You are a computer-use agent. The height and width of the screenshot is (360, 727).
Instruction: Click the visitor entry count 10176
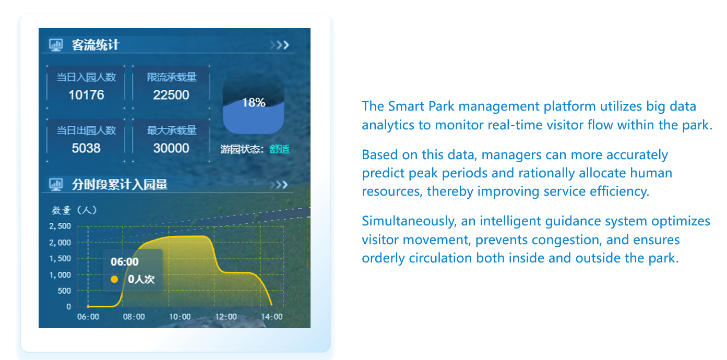pos(86,95)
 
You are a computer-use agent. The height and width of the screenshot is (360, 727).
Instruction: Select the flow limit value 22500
pos(171,95)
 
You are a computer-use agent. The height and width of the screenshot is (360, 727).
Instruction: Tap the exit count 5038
pos(86,148)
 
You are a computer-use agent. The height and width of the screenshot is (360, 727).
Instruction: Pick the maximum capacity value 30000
pos(171,148)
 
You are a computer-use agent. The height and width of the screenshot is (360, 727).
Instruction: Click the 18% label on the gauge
pos(254,103)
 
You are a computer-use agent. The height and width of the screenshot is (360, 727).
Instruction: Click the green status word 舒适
pos(279,149)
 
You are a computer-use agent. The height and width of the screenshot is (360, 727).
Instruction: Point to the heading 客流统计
pos(96,45)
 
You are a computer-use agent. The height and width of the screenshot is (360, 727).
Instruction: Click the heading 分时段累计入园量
pos(120,185)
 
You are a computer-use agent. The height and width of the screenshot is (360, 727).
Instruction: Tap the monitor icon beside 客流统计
pos(56,45)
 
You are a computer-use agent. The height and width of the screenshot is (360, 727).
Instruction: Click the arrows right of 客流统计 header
pos(280,45)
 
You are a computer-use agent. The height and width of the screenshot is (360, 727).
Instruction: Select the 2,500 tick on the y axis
pos(60,226)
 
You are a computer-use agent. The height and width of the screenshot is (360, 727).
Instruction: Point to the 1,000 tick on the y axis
pos(60,275)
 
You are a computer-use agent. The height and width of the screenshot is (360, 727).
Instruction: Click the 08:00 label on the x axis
pos(134,317)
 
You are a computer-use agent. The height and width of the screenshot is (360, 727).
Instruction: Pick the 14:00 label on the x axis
pos(272,317)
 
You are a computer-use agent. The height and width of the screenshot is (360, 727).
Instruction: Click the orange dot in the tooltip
pos(114,279)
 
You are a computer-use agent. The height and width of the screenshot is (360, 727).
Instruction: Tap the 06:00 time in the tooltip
pos(125,262)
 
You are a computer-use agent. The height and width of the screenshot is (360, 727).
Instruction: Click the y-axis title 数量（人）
pos(74,210)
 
